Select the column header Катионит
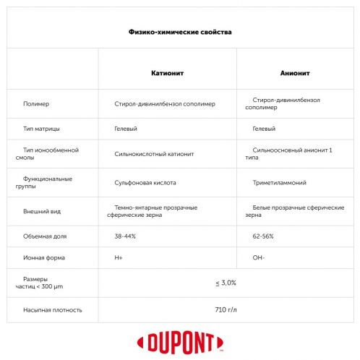tap(167, 74)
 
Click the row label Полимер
tap(36, 103)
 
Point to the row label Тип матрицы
tap(41, 128)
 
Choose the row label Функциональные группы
tap(48, 182)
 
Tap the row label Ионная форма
tap(45, 257)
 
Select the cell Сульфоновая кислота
tap(145, 183)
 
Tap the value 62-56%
tap(264, 236)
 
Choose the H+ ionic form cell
tap(119, 257)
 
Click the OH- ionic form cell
tap(260, 257)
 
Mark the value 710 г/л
tap(226, 309)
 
